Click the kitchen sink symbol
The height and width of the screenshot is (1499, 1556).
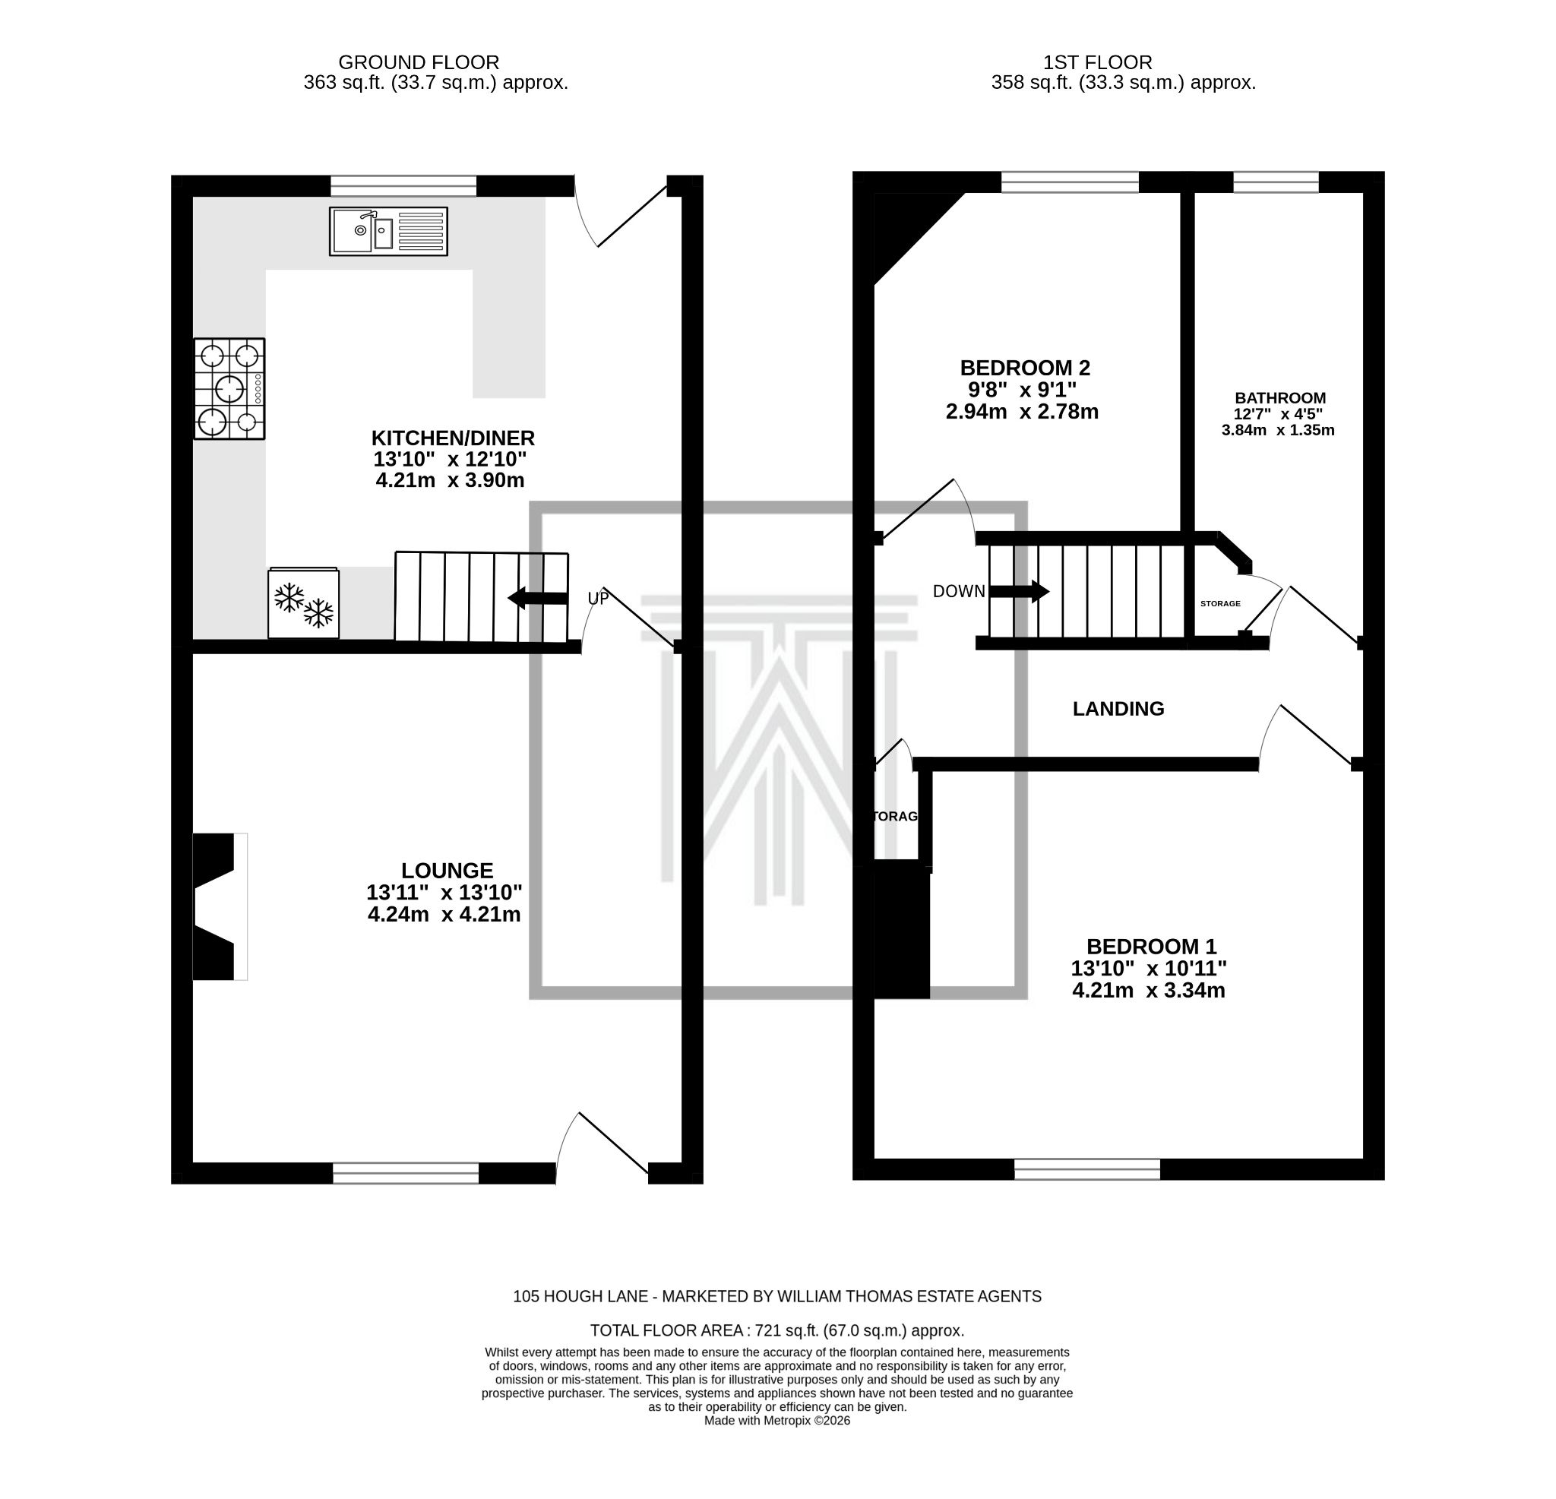pos(388,231)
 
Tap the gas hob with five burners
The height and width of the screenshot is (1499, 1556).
pos(229,389)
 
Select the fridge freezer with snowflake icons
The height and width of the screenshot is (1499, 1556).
pos(303,602)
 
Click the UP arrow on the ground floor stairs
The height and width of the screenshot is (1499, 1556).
pos(538,598)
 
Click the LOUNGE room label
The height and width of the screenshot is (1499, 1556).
pos(447,870)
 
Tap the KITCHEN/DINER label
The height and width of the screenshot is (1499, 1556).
pos(453,438)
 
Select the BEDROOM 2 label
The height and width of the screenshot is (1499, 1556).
pos(1025,368)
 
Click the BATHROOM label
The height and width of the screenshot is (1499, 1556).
pos(1279,399)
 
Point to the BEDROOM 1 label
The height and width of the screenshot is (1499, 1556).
pos(1151,947)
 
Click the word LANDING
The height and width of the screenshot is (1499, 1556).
pos(1118,709)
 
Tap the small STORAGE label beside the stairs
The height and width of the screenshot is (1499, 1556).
pos(1220,604)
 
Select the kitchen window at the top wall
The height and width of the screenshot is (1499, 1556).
pos(403,186)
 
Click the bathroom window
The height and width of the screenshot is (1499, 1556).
pos(1276,182)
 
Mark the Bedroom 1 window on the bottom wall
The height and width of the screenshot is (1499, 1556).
pos(1086,1169)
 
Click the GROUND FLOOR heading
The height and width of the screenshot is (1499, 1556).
pos(419,62)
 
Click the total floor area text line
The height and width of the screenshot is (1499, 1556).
pos(776,1330)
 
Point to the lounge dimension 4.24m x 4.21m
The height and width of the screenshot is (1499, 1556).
pos(444,915)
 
